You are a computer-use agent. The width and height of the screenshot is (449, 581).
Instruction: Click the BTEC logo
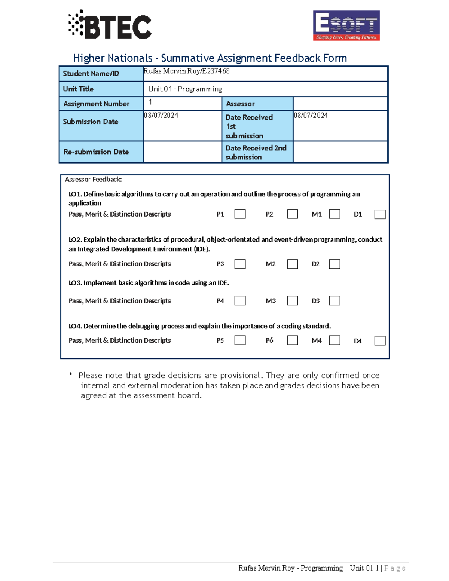click(x=110, y=25)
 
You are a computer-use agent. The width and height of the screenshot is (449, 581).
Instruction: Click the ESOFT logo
click(x=346, y=25)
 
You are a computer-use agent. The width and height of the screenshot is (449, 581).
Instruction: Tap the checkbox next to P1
click(x=240, y=214)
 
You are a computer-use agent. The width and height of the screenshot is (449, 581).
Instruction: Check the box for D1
click(x=380, y=214)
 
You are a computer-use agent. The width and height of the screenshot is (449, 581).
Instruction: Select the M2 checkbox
click(x=292, y=264)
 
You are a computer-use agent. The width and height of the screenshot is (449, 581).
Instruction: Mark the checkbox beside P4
click(x=240, y=301)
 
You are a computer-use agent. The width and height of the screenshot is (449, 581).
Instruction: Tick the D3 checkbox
click(x=334, y=301)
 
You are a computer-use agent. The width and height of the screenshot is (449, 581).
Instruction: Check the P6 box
click(x=292, y=340)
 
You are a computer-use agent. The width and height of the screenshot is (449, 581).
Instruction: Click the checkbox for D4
click(x=380, y=340)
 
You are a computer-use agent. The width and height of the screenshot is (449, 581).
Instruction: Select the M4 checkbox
click(x=334, y=340)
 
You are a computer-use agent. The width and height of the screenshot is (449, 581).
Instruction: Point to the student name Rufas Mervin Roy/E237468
click(x=187, y=71)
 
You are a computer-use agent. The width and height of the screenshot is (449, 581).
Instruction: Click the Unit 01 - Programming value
click(x=185, y=89)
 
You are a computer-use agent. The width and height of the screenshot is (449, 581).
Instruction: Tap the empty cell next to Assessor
click(x=340, y=104)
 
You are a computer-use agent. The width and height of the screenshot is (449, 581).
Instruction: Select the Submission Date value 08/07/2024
click(x=161, y=116)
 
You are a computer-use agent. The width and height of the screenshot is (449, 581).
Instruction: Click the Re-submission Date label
click(x=96, y=152)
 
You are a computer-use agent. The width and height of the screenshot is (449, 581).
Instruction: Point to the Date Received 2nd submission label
click(x=256, y=152)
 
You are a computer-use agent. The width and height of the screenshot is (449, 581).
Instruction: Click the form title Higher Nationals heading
click(x=210, y=58)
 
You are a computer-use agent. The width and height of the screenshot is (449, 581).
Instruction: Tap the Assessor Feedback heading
click(x=93, y=180)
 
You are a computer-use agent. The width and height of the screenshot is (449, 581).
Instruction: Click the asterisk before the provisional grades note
click(x=71, y=375)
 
